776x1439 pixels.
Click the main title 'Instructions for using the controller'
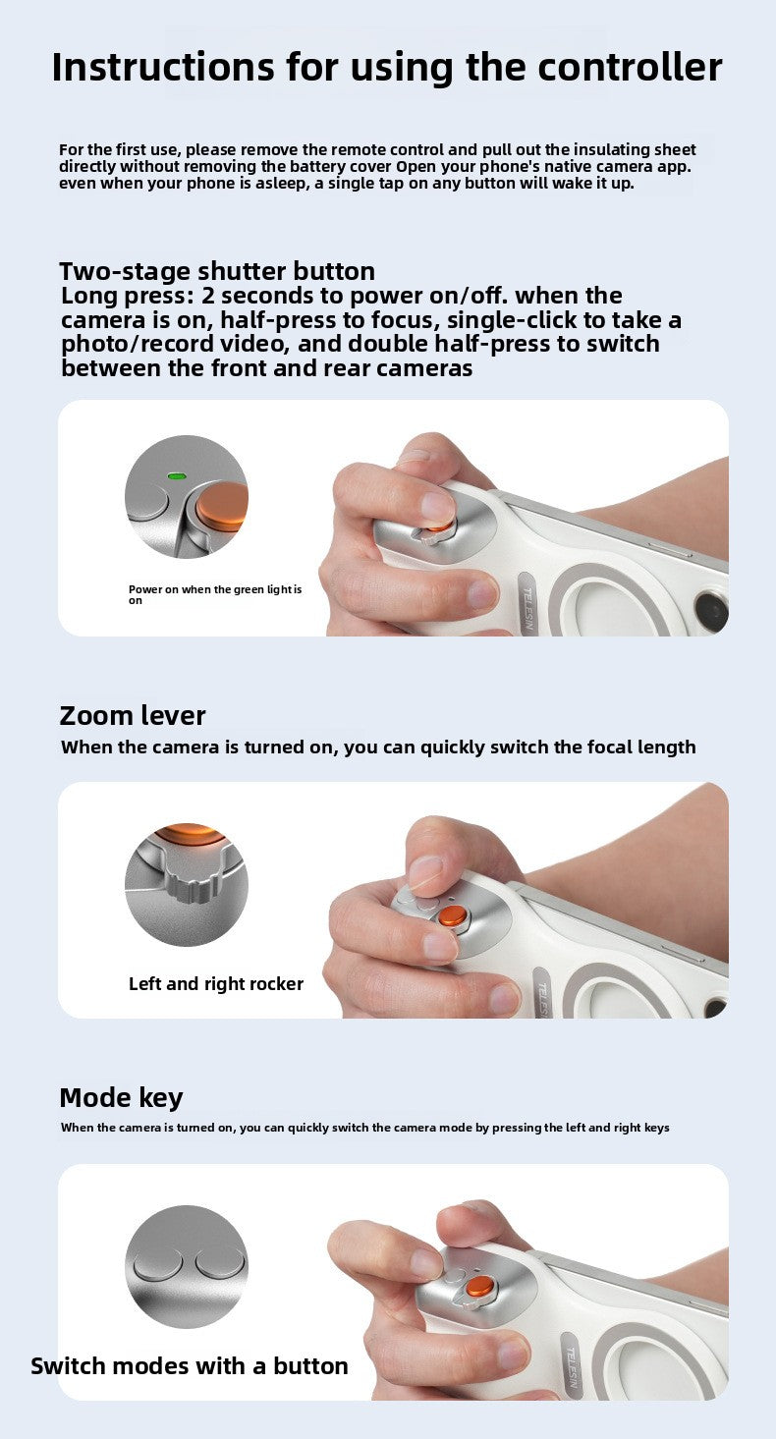[387, 68]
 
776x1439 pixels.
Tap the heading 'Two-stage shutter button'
[217, 271]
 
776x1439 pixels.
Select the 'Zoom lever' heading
[133, 716]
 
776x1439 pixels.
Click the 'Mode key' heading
[121, 1098]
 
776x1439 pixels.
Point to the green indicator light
[177, 476]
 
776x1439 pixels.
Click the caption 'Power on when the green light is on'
[214, 594]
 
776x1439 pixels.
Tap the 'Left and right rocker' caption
[216, 983]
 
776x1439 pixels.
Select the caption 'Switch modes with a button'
[190, 1366]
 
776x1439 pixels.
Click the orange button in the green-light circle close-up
[223, 506]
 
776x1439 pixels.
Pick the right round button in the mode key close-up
[220, 1263]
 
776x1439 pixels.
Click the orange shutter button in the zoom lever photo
[454, 915]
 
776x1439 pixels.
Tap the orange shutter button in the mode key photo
[480, 1287]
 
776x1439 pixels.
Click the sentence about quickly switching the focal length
[378, 747]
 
